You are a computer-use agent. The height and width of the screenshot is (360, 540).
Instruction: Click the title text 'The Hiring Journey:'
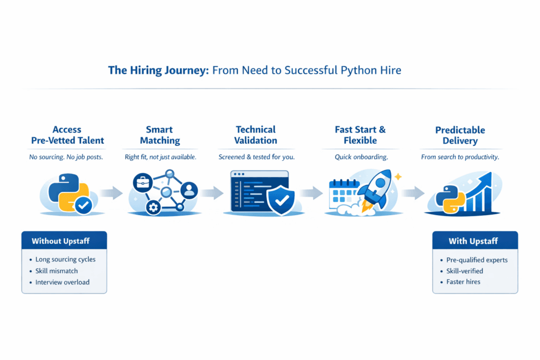click(158, 70)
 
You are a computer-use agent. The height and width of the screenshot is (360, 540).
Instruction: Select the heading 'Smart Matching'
click(163, 135)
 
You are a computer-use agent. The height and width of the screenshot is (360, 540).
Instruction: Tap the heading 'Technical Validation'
click(255, 135)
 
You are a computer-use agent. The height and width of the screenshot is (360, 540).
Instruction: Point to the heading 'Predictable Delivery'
click(460, 135)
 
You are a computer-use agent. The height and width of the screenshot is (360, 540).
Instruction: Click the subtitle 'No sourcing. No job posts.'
click(67, 157)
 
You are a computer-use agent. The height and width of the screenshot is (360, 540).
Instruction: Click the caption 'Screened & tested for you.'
click(256, 157)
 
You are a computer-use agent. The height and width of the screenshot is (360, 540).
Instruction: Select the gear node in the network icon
click(153, 208)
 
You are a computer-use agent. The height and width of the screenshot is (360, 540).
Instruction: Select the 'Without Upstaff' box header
click(64, 241)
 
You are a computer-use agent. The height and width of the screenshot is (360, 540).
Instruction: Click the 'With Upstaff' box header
click(475, 241)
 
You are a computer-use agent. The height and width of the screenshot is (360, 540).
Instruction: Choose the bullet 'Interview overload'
click(62, 282)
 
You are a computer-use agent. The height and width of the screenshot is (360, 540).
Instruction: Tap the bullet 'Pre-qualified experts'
click(477, 259)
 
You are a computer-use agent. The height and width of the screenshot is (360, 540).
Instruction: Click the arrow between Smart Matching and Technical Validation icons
click(209, 192)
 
